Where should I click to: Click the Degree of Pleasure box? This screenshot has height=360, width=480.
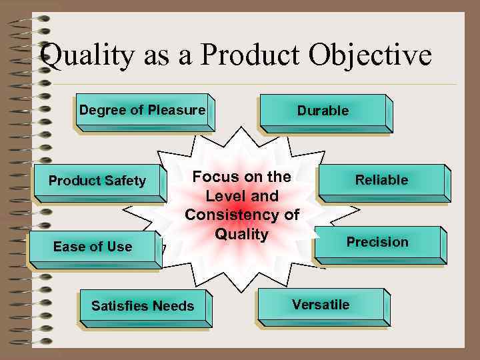tap(143, 111)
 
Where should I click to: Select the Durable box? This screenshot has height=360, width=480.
tap(323, 111)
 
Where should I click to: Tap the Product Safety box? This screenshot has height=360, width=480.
tap(97, 181)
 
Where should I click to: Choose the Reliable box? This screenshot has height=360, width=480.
tap(381, 180)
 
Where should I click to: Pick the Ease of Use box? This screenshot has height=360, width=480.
tap(93, 247)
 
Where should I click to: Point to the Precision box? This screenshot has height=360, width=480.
tap(377, 243)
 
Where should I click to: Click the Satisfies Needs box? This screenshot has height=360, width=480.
tap(143, 307)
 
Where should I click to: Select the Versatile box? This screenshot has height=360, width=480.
tap(321, 305)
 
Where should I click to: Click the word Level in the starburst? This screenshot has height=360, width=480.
tap(224, 197)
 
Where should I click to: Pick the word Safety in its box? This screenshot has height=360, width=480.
tap(125, 181)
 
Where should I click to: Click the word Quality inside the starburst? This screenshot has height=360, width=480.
tap(241, 235)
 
